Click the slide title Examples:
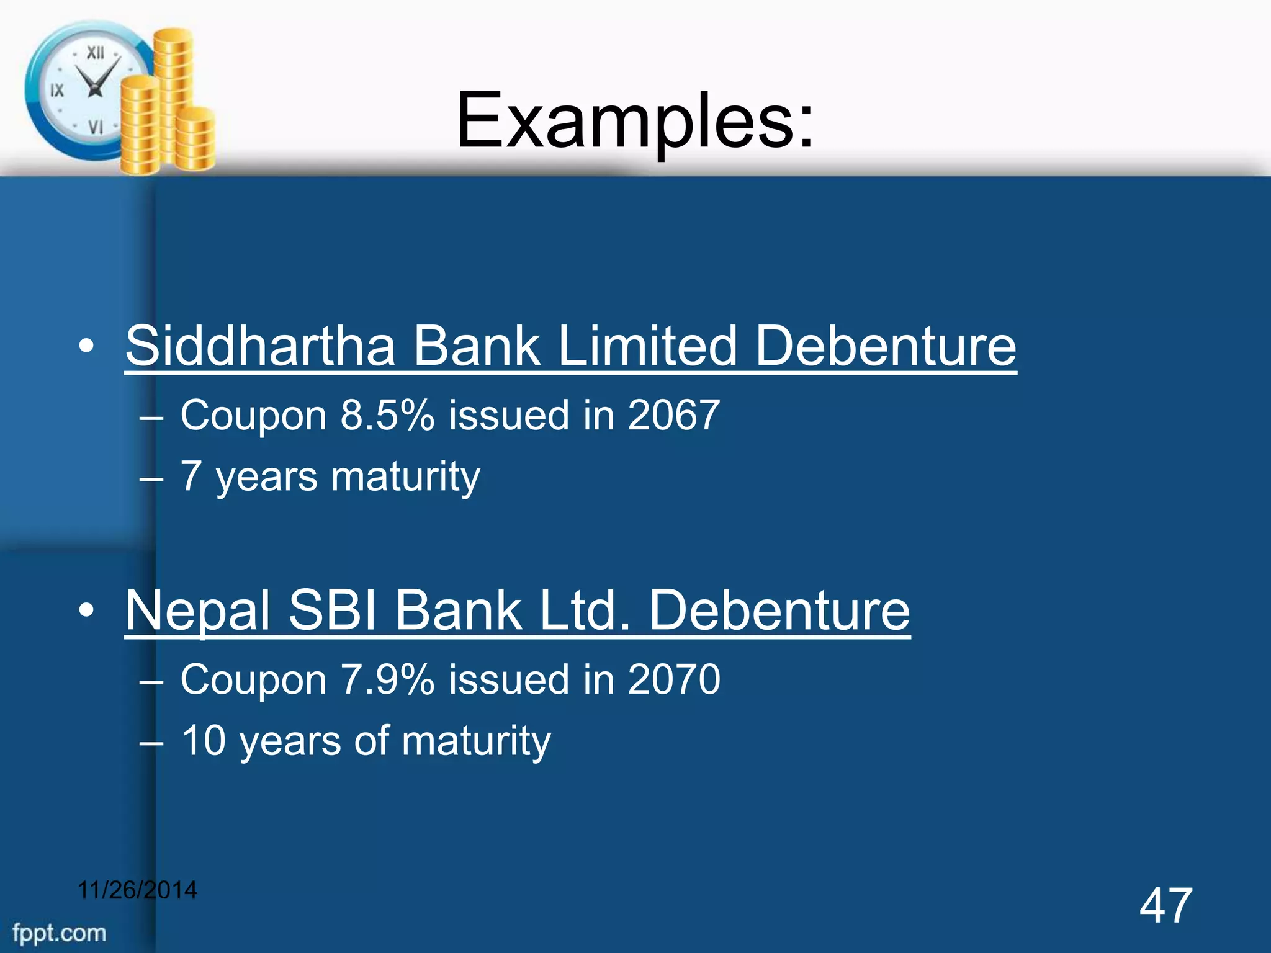point(634,121)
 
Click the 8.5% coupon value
point(387,415)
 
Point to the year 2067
point(673,415)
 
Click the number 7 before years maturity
point(191,476)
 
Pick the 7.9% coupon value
point(387,679)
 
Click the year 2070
point(673,679)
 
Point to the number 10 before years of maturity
point(203,740)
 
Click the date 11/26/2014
point(137,890)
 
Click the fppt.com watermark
point(60,933)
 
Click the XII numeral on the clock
point(95,53)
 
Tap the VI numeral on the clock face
point(95,128)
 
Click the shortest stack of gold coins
point(196,140)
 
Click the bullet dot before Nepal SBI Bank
point(87,611)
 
